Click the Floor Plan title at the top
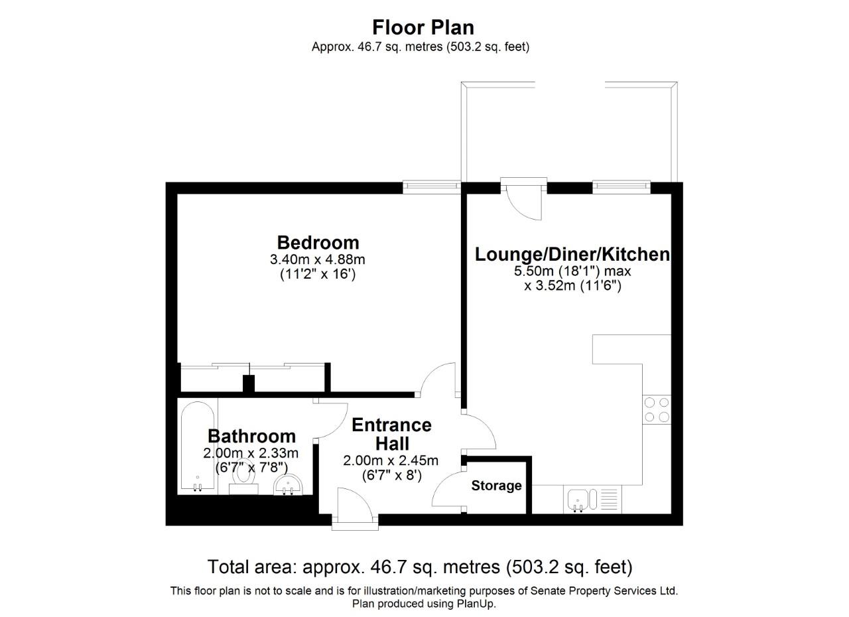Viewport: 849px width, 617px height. (423, 27)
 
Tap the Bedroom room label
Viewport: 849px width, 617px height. (318, 242)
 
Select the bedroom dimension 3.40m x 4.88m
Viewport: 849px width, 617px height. (318, 259)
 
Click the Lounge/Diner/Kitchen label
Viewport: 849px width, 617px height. (572, 255)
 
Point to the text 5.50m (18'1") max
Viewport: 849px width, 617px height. (572, 271)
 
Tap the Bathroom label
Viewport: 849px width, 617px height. (251, 436)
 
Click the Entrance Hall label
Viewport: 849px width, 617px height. (391, 434)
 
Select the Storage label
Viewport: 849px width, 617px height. (496, 486)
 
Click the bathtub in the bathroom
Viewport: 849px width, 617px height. (198, 446)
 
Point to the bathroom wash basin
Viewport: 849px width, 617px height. (288, 484)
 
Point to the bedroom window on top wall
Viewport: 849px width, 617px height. (432, 188)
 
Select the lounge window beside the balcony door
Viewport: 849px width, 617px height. (621, 187)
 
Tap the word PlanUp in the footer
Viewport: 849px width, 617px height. (475, 604)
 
